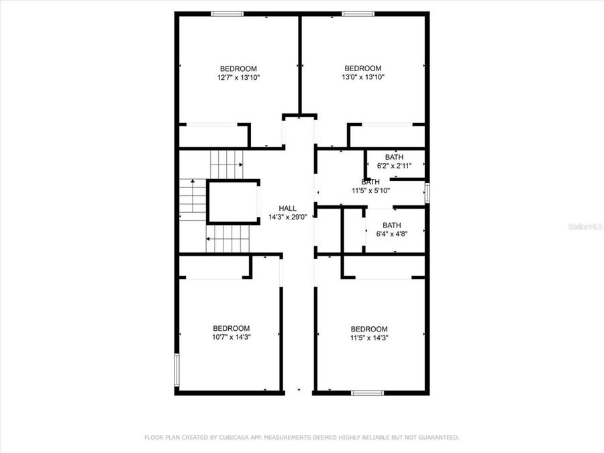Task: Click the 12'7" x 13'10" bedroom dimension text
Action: [238, 78]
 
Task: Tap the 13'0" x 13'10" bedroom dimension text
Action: [363, 77]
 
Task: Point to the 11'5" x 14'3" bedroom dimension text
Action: [369, 338]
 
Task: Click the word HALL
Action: [288, 209]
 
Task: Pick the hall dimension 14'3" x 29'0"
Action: [288, 217]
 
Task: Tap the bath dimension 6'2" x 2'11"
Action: [395, 166]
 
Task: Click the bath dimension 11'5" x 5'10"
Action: [371, 191]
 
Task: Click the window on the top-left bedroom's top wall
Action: [227, 14]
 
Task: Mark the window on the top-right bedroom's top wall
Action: [358, 14]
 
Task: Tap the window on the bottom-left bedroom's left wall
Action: [177, 370]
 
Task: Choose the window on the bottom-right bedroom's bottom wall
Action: [368, 392]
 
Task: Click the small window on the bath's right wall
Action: [427, 193]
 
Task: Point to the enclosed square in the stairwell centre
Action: [233, 201]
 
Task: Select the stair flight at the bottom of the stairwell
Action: [228, 239]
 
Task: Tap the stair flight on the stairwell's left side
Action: [191, 200]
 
